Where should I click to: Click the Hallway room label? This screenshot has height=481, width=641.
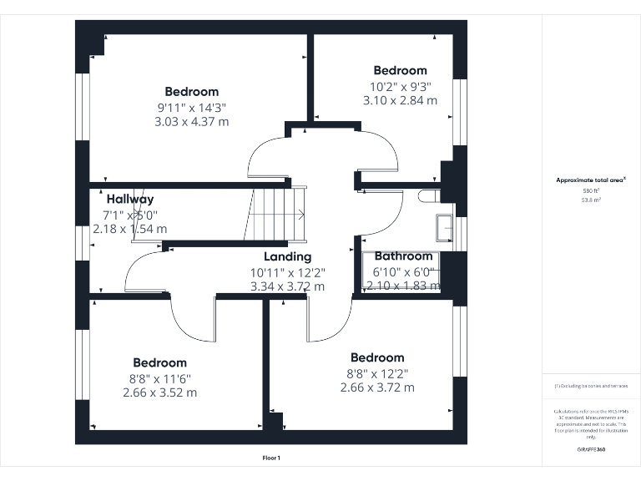(x=130, y=200)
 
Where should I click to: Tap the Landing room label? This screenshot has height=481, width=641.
(x=287, y=257)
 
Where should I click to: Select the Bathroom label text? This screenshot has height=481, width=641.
(x=404, y=256)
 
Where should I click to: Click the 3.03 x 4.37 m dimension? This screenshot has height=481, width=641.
(x=191, y=121)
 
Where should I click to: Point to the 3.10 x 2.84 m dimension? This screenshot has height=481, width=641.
(x=400, y=100)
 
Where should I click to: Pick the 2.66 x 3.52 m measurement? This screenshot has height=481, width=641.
(x=159, y=392)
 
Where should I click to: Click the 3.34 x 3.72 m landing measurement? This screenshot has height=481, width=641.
(x=287, y=286)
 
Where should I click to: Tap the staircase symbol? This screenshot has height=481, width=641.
(x=275, y=214)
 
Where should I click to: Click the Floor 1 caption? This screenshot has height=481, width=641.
(x=271, y=458)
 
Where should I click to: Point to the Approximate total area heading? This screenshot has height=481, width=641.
(x=591, y=180)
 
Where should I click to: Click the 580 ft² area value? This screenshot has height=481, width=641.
(x=591, y=191)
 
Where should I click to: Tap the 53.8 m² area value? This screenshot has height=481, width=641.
(x=591, y=200)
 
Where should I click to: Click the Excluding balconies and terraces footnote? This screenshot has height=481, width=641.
(x=591, y=386)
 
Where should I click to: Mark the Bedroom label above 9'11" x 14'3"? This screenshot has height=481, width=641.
(x=191, y=92)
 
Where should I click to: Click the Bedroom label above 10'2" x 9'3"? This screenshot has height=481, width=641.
(x=400, y=71)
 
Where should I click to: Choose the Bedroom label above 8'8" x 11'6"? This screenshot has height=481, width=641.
(x=159, y=363)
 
